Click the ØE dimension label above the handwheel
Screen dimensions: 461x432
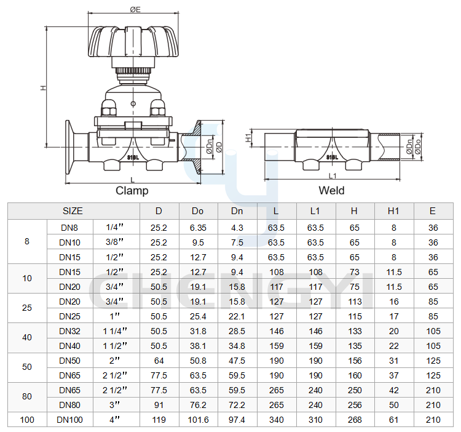[135, 9]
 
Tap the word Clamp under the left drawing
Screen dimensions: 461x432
[132, 190]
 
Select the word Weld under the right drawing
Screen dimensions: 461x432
[331, 190]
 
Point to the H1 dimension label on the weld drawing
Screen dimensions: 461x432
[249, 138]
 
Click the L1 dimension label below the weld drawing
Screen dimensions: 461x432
[332, 176]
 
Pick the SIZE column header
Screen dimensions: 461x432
[73, 211]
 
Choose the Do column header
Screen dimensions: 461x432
[197, 211]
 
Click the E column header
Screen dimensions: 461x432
[433, 211]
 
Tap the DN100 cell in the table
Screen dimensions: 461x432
[69, 420]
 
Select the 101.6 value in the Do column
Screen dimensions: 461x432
[198, 420]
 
